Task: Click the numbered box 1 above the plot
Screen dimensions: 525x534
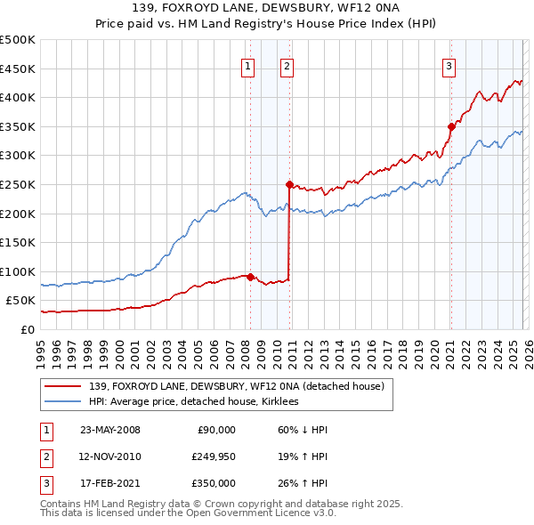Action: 247,65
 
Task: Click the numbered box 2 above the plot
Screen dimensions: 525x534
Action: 287,65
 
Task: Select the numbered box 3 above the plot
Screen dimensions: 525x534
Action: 449,65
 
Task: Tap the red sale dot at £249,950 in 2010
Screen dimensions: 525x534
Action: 289,185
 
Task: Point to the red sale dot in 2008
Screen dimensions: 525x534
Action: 250,277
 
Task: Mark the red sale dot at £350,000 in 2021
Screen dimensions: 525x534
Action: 451,127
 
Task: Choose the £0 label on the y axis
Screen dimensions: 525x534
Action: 28,329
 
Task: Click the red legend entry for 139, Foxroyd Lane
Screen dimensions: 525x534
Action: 236,386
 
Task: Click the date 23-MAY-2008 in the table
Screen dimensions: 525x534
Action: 109,430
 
